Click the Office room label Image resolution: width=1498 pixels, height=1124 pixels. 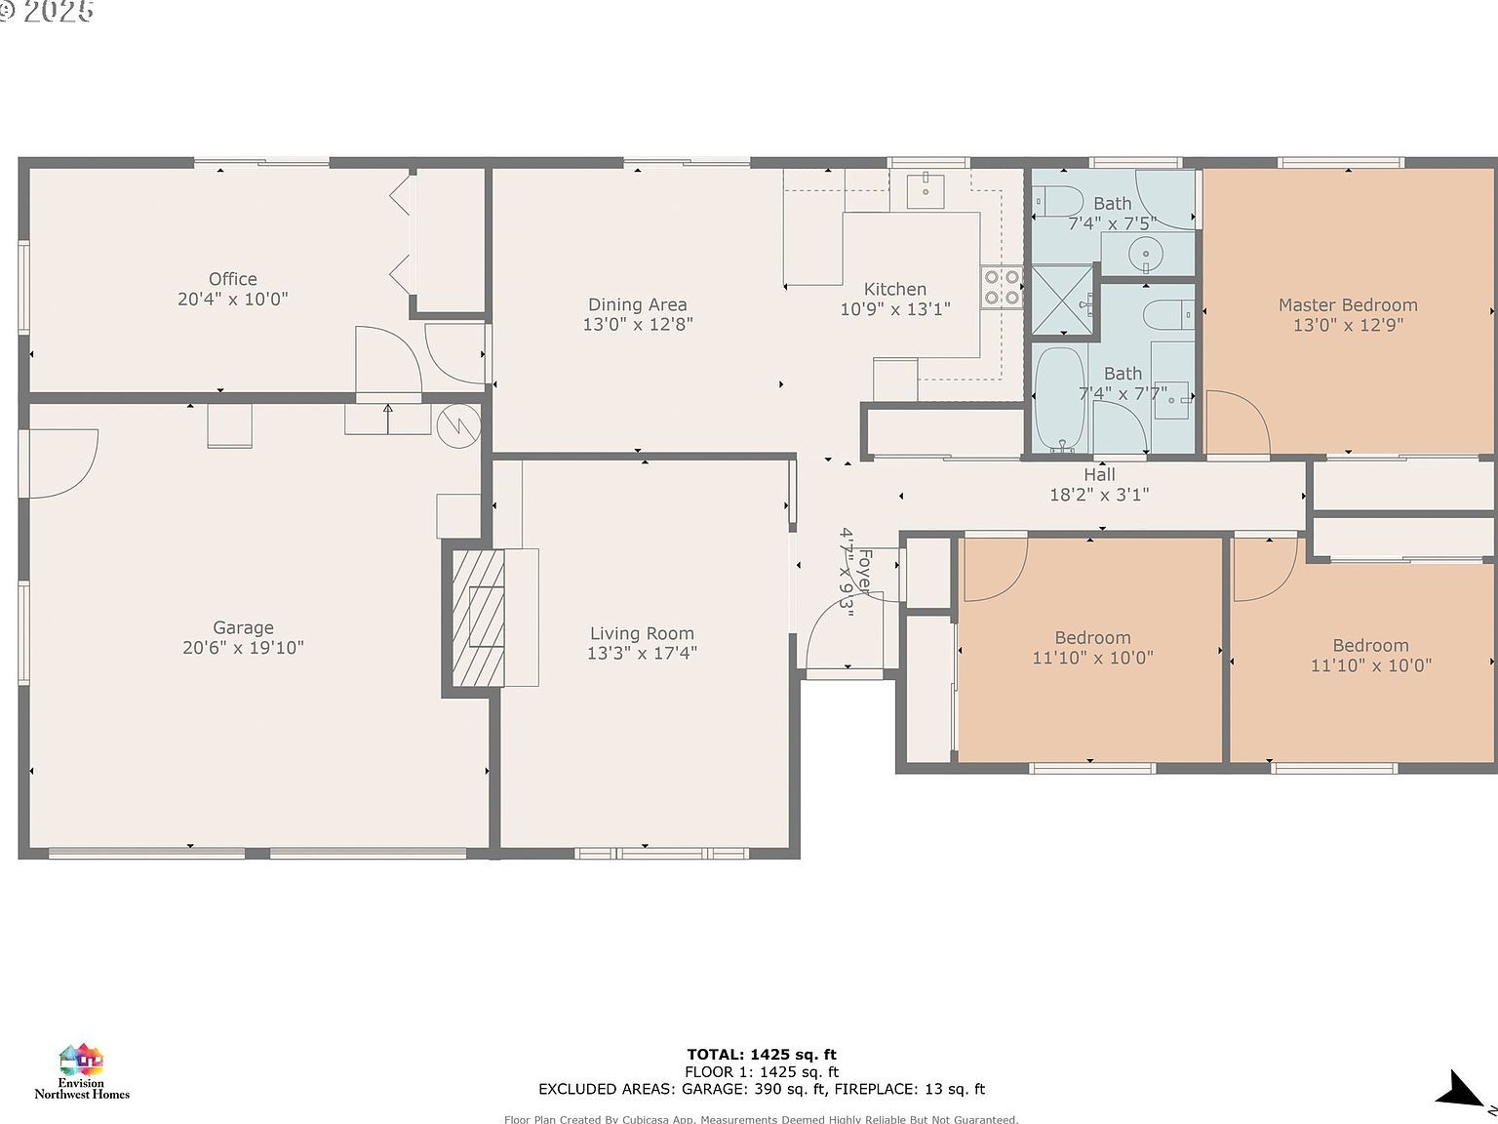click(x=232, y=279)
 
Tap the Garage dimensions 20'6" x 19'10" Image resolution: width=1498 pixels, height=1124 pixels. click(x=243, y=648)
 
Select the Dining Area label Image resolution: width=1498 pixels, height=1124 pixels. click(x=637, y=304)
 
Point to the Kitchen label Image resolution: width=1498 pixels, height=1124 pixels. click(x=894, y=289)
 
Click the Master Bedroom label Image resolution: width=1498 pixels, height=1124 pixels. click(x=1348, y=305)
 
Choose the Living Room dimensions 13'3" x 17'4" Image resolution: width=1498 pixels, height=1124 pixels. click(x=642, y=654)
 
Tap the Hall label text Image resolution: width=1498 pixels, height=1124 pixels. click(x=1099, y=475)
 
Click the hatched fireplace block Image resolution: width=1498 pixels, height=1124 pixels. click(x=478, y=618)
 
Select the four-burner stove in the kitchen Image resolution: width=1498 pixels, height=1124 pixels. click(x=1002, y=287)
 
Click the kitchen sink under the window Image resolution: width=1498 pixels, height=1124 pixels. click(x=922, y=189)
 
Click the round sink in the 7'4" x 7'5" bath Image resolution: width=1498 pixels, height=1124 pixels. click(x=1145, y=256)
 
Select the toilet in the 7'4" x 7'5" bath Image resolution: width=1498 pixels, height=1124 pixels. click(x=1059, y=202)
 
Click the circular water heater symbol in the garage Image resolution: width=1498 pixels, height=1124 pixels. click(x=458, y=425)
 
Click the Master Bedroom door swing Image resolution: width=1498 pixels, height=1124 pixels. click(x=1237, y=422)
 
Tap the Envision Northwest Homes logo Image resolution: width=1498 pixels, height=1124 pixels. click(x=82, y=1071)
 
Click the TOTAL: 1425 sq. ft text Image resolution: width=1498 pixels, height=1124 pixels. click(x=761, y=1054)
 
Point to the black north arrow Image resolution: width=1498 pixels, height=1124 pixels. click(x=1462, y=1090)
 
